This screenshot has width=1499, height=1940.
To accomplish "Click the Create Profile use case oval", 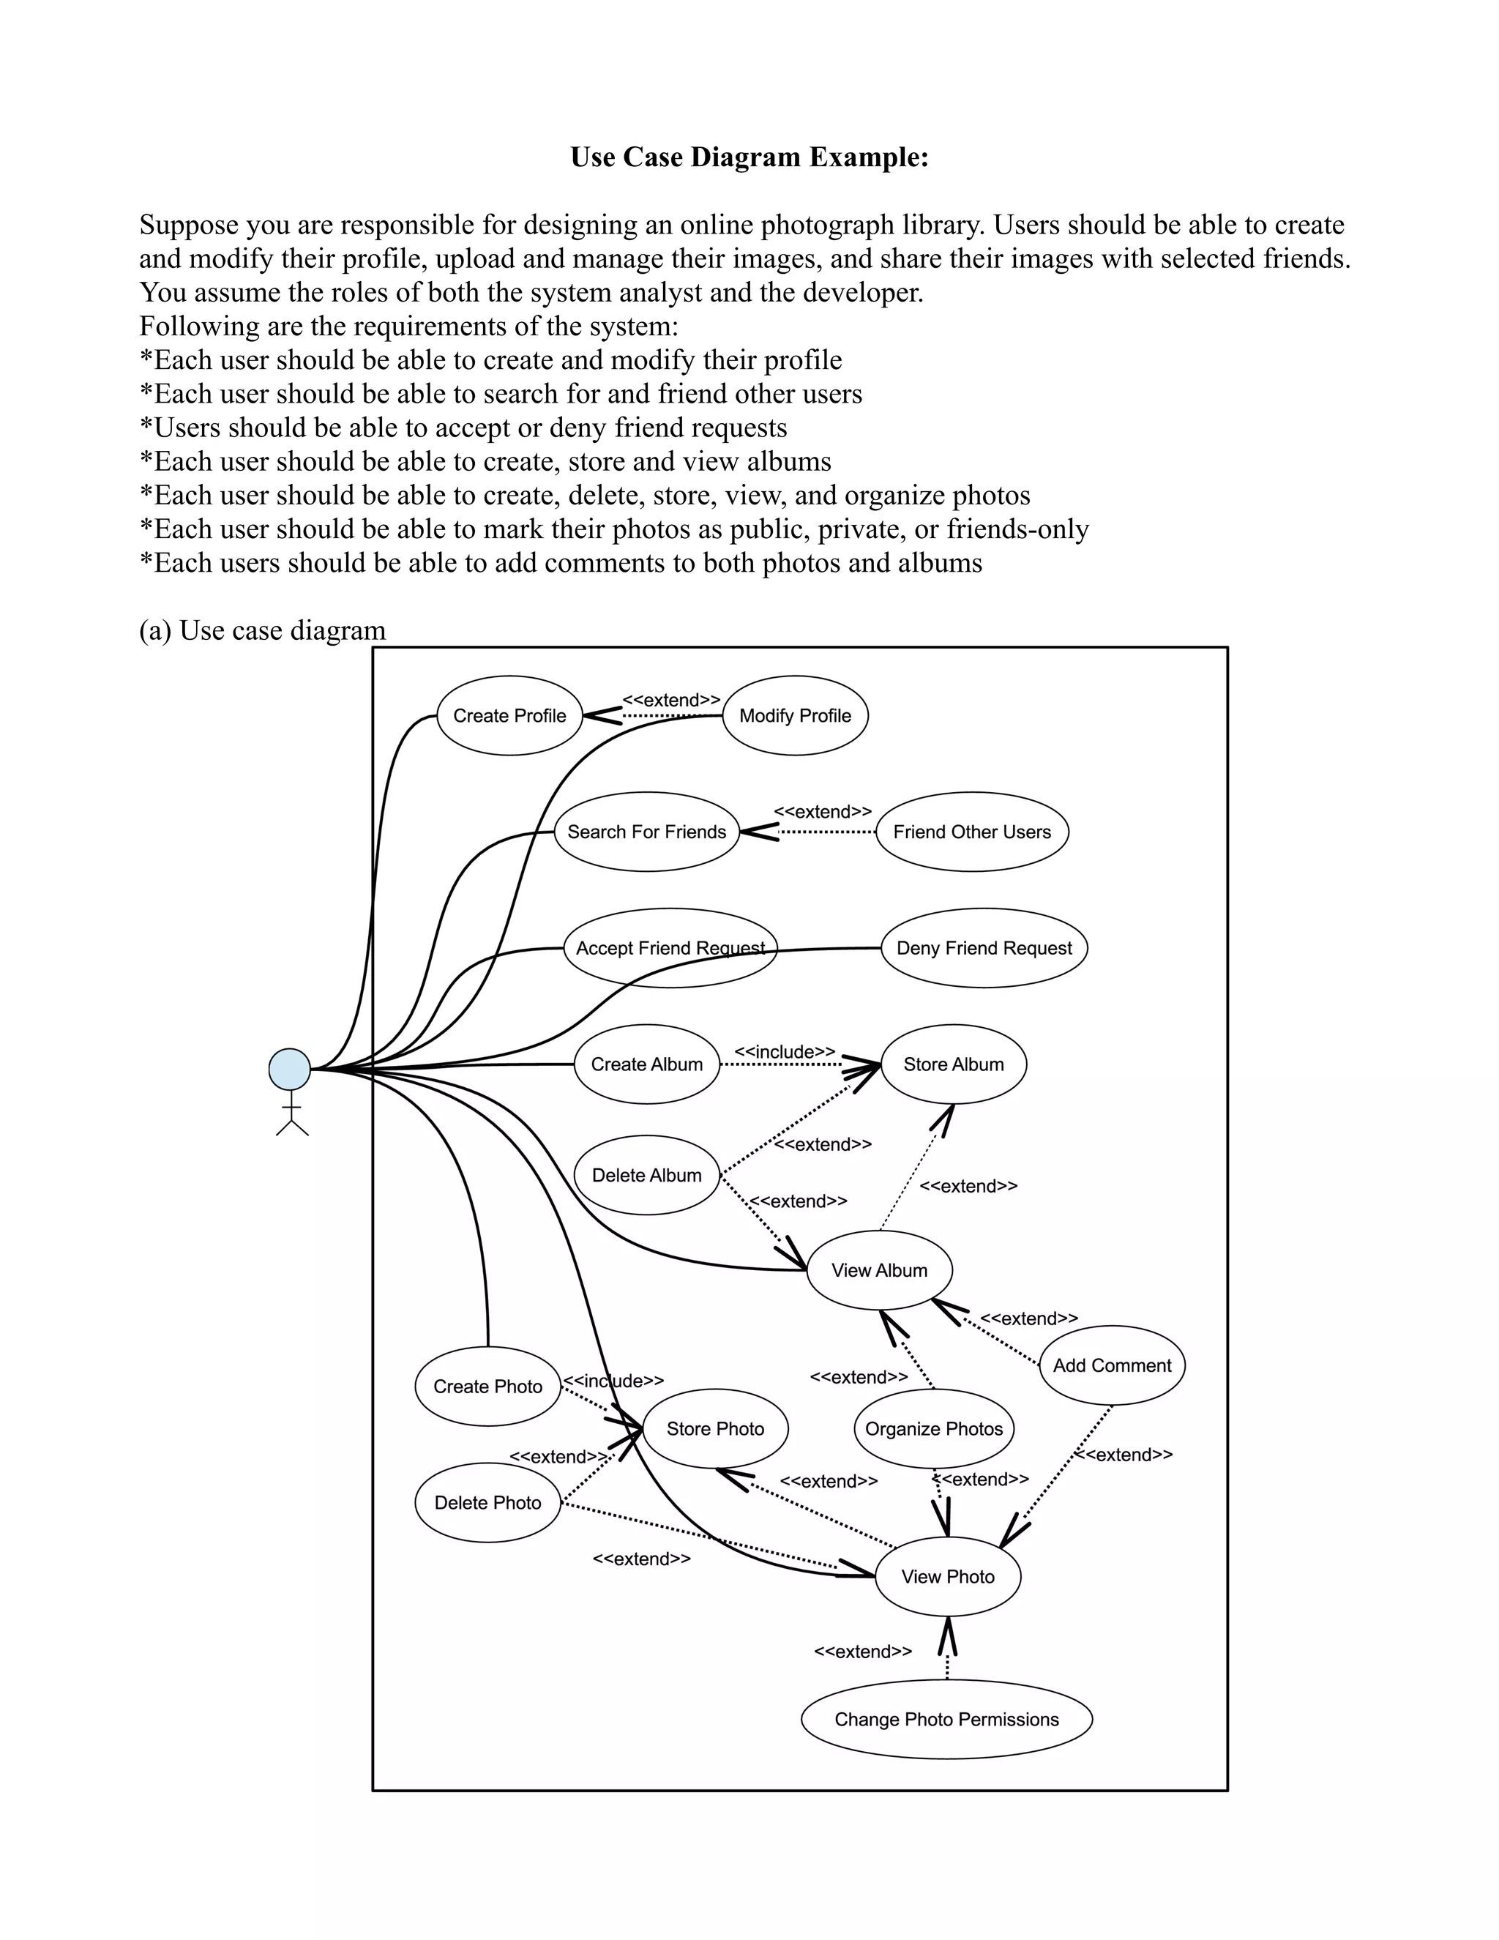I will coord(509,716).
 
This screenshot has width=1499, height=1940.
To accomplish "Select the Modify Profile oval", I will coord(795,716).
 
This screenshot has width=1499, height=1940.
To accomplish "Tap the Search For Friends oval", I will coord(646,832).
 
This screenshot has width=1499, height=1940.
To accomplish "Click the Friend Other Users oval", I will coord(971,832).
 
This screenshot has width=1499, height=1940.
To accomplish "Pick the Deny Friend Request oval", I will coord(984,949).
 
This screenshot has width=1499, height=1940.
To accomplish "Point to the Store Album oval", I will coord(953,1064).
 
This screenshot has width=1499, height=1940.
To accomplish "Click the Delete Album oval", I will coord(646,1175).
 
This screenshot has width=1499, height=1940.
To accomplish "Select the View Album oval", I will coord(879,1270).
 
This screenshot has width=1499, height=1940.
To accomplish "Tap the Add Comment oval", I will coord(1112,1365).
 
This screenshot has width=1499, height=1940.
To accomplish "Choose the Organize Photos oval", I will coord(933,1428).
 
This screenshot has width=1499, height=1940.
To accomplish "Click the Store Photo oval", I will coord(715,1428).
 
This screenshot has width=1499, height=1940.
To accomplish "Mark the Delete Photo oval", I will coord(487,1503).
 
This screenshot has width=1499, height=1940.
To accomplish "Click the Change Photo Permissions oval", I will coord(946,1720).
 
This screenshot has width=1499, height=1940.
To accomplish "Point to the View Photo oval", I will coord(948,1577).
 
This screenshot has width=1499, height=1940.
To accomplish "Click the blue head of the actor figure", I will coord(290,1069).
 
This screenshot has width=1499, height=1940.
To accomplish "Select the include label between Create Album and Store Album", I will coord(784,1052).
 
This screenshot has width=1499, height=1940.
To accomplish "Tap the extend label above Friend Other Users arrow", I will coord(822,812).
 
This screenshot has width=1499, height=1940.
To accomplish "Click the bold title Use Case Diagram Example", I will coord(749,157).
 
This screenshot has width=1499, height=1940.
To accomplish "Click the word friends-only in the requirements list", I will coord(1017,529).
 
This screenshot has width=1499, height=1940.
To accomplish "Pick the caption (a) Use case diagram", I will coord(263,630).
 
